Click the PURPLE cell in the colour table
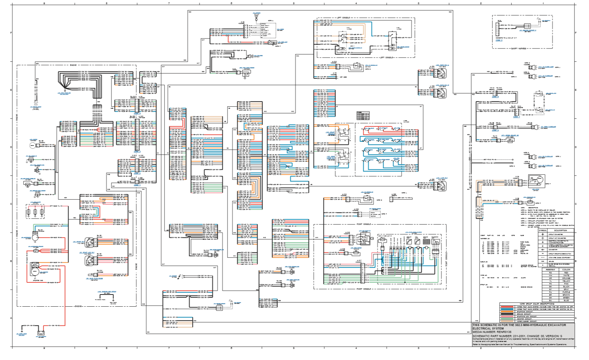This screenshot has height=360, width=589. point(566,292)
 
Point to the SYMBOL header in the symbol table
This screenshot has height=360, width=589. point(543,230)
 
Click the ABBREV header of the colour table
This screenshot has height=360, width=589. point(550,270)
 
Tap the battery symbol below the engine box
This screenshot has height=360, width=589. point(41,333)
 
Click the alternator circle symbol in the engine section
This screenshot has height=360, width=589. point(35,237)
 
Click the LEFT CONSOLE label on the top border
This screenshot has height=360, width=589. point(343,18)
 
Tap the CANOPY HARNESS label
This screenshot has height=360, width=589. point(518,49)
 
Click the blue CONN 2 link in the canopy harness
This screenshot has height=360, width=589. point(499,41)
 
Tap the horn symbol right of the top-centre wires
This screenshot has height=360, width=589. point(249,55)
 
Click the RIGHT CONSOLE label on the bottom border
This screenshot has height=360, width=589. point(364,289)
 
